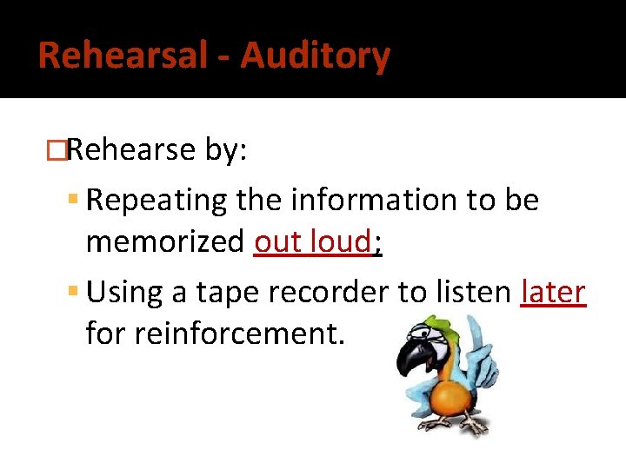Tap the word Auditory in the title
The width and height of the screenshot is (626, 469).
(315, 56)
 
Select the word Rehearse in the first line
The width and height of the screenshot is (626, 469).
(130, 149)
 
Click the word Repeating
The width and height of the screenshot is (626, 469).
(155, 201)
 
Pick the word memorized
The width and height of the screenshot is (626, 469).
(164, 242)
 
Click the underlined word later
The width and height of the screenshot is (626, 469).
(553, 293)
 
